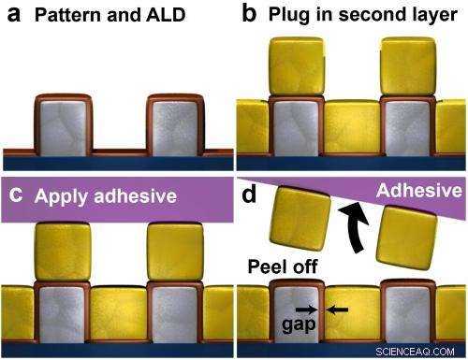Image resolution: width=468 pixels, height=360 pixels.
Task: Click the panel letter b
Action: coord(249,15)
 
